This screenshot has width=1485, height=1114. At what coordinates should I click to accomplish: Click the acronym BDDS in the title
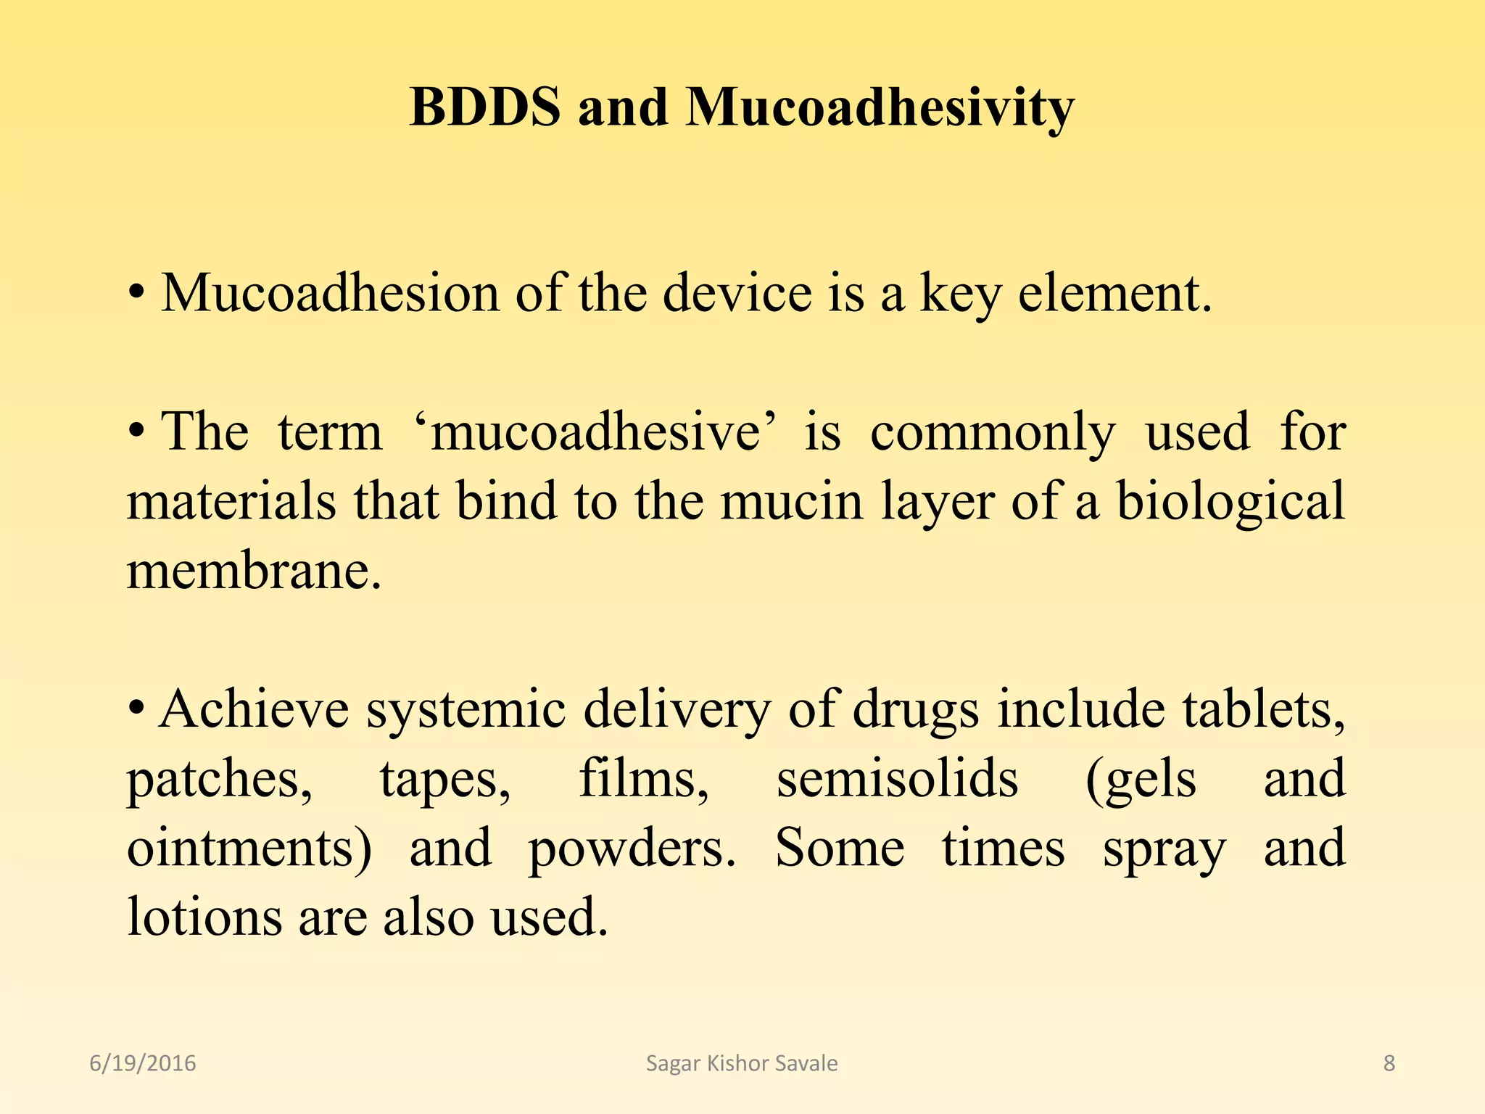[484, 107]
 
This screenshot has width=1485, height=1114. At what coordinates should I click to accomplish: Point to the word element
[1114, 293]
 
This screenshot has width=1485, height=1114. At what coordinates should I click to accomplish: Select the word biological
[1230, 503]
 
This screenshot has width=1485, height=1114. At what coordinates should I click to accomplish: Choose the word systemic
[466, 710]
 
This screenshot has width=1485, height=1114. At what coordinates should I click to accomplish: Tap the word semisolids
[897, 778]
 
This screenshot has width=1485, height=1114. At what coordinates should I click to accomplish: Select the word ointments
[249, 848]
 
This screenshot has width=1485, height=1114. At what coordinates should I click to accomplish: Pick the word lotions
[204, 917]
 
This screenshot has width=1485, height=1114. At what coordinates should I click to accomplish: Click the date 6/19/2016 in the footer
[143, 1063]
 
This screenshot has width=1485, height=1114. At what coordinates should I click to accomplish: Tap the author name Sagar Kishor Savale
[742, 1063]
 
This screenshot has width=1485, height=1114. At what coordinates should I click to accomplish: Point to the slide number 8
[1389, 1063]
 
